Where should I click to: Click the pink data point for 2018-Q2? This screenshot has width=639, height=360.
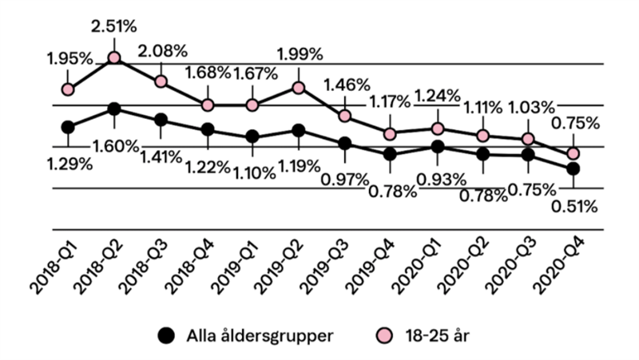point(114,57)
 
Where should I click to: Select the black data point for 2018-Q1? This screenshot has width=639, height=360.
point(68,127)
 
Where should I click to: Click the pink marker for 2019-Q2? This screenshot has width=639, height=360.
point(299,88)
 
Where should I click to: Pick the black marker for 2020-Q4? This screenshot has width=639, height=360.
point(573,168)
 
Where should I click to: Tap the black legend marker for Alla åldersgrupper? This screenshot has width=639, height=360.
point(165,334)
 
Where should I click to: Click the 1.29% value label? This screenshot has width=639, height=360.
point(69,164)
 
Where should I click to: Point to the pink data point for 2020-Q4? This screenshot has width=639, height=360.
point(573,153)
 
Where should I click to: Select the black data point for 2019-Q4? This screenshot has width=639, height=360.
point(390,154)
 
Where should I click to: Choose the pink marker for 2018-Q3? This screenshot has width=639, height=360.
point(161,81)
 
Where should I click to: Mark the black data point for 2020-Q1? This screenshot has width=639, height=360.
point(436,147)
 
